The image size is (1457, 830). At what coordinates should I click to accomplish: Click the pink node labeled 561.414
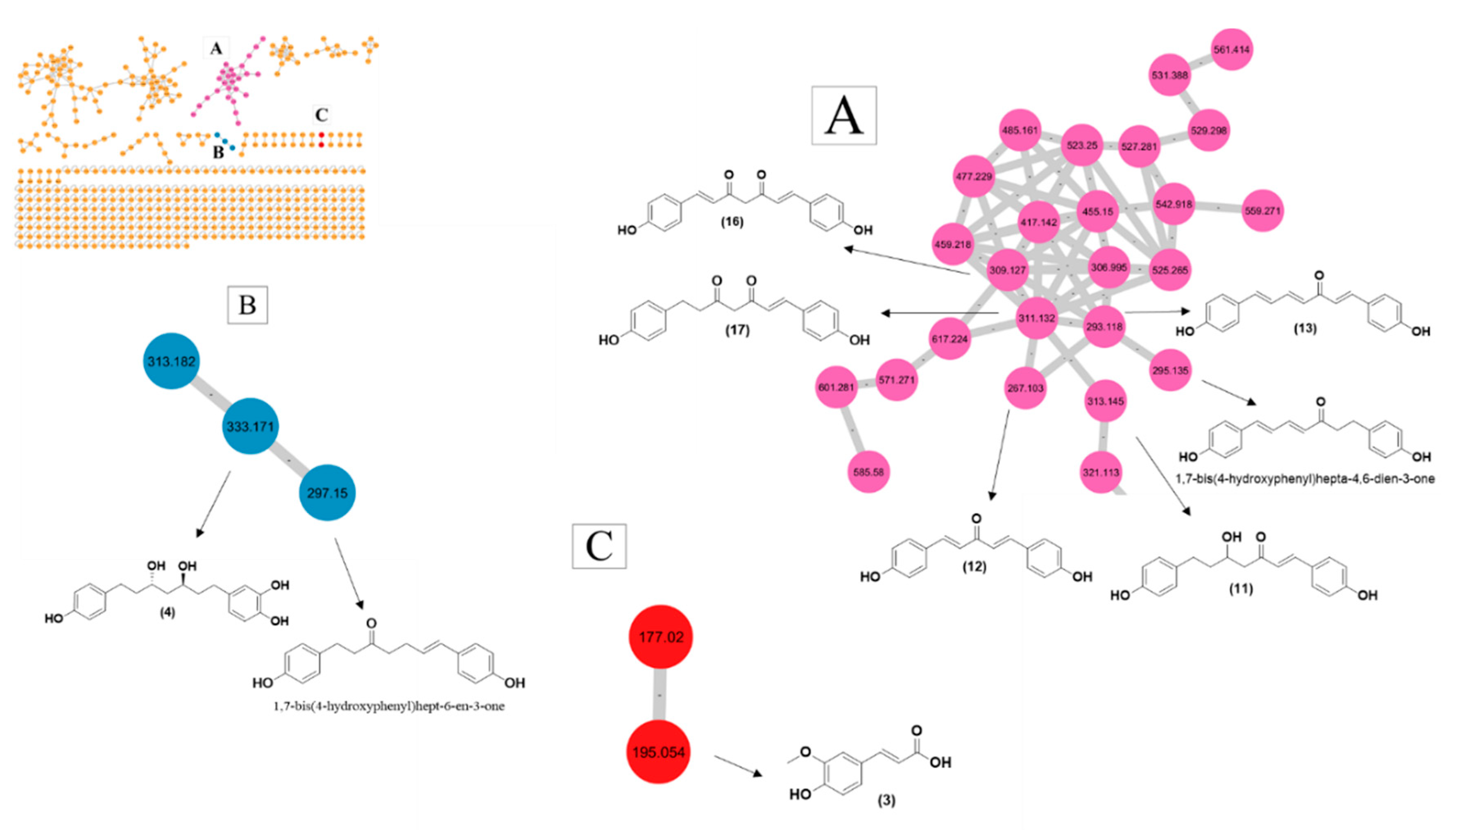tap(1231, 50)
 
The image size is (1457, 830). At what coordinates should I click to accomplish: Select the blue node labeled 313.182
tap(171, 361)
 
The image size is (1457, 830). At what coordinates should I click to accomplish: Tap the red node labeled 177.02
tap(660, 636)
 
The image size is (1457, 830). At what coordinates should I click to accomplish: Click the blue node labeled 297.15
tap(327, 492)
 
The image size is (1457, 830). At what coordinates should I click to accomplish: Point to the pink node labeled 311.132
tap(1036, 318)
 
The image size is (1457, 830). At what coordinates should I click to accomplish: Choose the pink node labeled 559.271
tap(1262, 211)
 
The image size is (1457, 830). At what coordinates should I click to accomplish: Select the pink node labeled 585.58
tap(868, 472)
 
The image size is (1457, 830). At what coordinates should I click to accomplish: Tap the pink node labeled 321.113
tap(1100, 472)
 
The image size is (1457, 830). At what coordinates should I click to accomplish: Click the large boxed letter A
tap(844, 116)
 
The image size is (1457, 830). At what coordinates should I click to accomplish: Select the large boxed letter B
tap(247, 305)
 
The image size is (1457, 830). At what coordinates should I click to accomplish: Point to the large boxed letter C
tap(599, 546)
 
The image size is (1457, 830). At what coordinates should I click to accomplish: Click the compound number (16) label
tap(732, 221)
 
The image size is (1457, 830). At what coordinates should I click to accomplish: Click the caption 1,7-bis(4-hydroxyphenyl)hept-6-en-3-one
tap(389, 706)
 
